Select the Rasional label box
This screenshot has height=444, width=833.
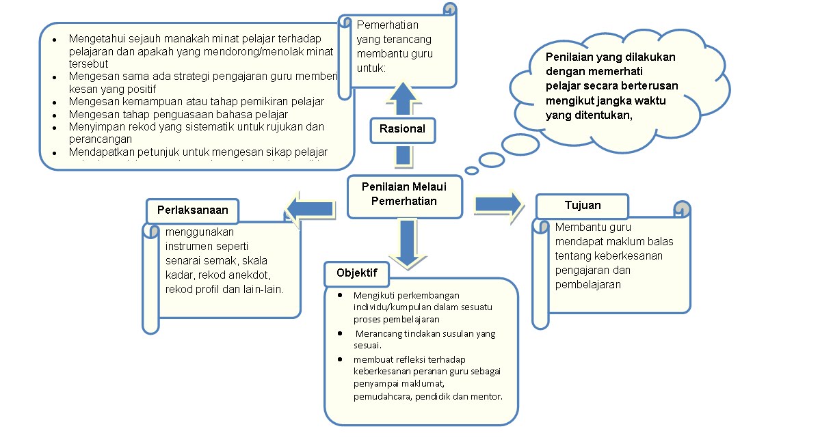(x=402, y=129)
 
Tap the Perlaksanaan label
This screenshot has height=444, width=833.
(x=192, y=210)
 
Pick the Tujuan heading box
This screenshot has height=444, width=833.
(x=583, y=206)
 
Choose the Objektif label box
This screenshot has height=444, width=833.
(x=356, y=273)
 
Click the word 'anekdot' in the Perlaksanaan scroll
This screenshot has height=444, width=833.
(x=254, y=275)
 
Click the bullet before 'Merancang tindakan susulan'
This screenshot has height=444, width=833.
(x=341, y=333)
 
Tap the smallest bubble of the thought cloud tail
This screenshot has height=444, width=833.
(x=471, y=170)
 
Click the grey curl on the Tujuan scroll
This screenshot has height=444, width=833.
(x=681, y=207)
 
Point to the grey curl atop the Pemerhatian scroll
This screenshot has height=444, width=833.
(x=449, y=9)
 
